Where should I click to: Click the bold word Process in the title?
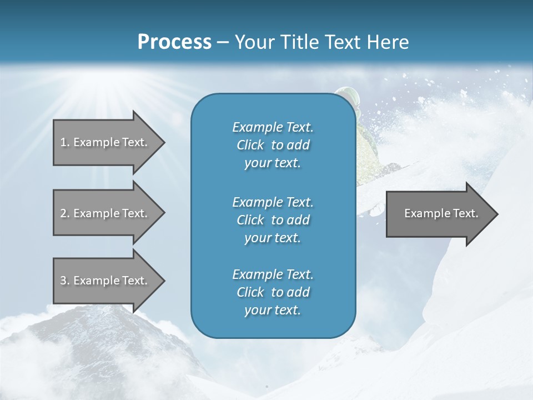coord(174,42)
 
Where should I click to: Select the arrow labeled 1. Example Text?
coord(105,142)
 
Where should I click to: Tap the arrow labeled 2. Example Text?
coord(105,213)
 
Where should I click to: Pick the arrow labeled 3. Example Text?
coord(105,281)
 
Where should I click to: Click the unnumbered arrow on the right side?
coord(439,213)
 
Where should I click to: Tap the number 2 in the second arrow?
coord(63,213)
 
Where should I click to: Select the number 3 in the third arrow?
coord(63,281)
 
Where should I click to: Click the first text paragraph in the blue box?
coord(273,145)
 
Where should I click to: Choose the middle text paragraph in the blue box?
coord(273,220)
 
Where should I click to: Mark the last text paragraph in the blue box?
coord(273,292)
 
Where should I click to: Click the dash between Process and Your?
coord(223,43)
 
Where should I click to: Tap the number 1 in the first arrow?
coord(63,142)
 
